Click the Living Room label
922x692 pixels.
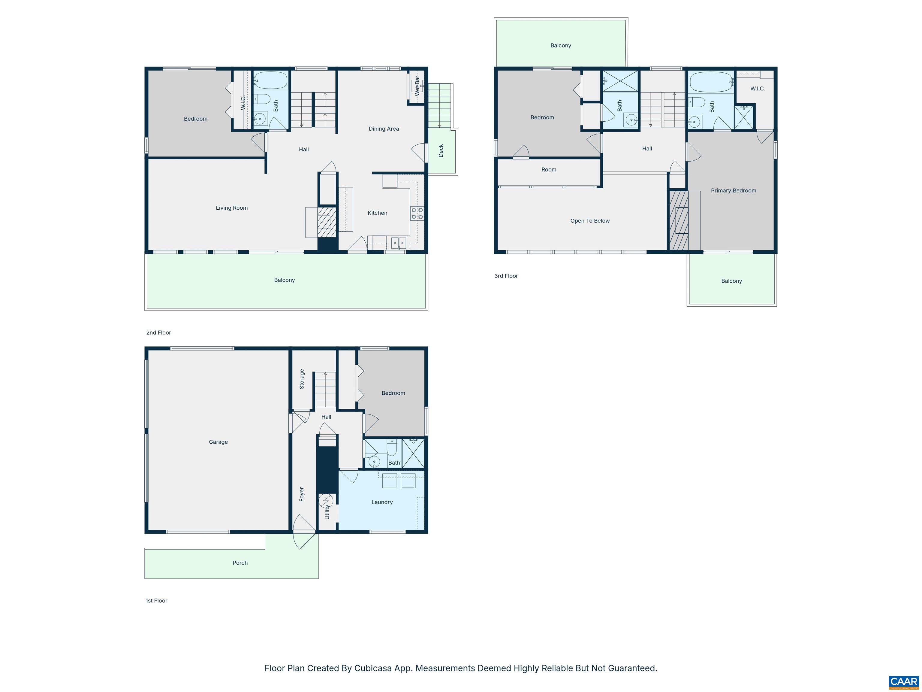(x=231, y=208)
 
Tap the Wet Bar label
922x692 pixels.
(x=417, y=86)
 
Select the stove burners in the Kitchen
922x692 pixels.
(x=417, y=214)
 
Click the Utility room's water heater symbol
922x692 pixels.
(x=326, y=500)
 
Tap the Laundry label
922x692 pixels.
(x=382, y=502)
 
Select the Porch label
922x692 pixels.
(x=240, y=563)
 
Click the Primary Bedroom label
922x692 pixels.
(x=733, y=191)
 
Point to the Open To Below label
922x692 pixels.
(x=590, y=221)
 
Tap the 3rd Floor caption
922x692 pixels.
(x=506, y=276)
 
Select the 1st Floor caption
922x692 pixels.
(x=156, y=601)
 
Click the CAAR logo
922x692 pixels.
(x=903, y=681)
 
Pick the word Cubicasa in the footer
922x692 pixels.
(x=373, y=668)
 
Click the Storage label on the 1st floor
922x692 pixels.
(x=302, y=379)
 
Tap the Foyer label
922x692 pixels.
(x=302, y=494)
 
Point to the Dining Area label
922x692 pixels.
(x=384, y=129)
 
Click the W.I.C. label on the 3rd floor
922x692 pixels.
(x=757, y=88)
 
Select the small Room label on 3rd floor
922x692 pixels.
(x=549, y=169)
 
